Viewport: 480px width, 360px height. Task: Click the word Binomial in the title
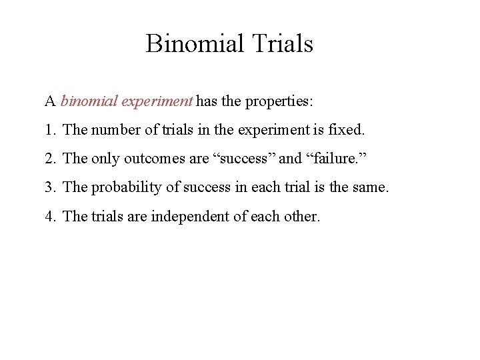coord(195,44)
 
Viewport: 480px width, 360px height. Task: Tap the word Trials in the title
coord(283,44)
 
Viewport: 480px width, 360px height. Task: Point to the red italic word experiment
coord(158,102)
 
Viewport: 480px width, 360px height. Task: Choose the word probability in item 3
coord(126,188)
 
